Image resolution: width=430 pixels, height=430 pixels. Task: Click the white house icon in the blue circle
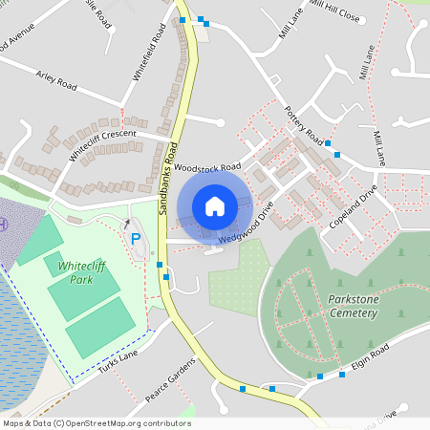click(215, 205)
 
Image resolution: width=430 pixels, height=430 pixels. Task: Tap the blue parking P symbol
click(135, 238)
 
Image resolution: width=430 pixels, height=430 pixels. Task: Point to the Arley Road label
click(55, 84)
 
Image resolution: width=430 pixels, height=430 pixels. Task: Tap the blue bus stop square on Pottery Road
click(328, 143)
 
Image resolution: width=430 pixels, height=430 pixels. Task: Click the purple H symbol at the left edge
click(3, 225)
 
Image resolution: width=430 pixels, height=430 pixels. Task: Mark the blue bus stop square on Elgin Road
click(342, 375)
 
